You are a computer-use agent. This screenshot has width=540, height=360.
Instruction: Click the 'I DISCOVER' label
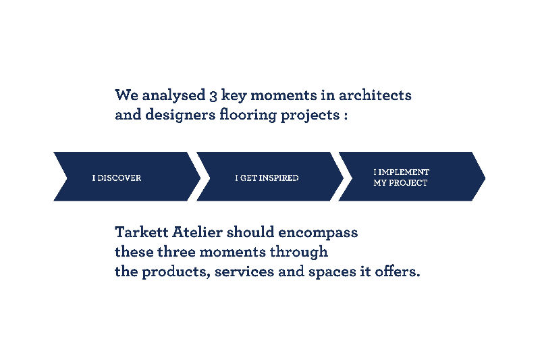tap(116, 178)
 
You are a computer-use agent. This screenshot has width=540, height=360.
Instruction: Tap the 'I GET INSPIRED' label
tap(267, 178)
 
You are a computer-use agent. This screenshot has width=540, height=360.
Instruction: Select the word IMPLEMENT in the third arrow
tap(404, 172)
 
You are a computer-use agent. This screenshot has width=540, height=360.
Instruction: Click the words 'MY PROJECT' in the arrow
tap(400, 183)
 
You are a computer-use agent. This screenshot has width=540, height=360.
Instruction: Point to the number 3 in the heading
tap(213, 96)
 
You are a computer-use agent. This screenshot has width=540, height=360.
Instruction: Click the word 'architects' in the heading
tap(375, 95)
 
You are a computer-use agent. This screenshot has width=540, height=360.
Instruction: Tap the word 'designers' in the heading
tap(180, 115)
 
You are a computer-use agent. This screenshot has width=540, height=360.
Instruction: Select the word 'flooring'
tap(248, 115)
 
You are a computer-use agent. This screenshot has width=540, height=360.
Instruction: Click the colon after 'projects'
tap(346, 115)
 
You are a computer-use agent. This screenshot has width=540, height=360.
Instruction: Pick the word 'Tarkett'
tap(141, 232)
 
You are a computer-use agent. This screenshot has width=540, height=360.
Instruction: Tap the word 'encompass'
tap(318, 233)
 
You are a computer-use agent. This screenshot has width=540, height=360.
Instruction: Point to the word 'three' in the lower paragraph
tap(176, 252)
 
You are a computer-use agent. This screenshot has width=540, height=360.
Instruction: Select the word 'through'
tap(298, 253)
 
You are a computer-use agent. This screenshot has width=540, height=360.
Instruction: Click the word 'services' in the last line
tap(244, 272)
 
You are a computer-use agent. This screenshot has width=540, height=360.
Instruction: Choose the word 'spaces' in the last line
tap(332, 272)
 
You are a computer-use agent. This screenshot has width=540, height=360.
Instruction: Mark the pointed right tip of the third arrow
tap(485, 178)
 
